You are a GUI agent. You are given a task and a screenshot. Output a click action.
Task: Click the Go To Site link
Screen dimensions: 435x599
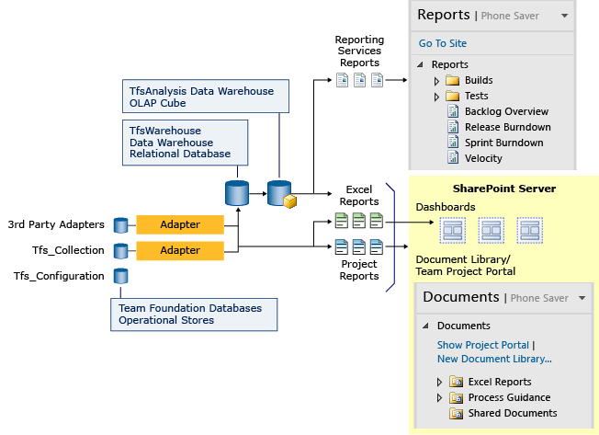tap(443, 43)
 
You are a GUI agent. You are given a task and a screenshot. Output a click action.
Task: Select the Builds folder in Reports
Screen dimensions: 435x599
tap(478, 81)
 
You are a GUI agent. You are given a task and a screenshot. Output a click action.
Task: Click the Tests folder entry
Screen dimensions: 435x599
tap(476, 97)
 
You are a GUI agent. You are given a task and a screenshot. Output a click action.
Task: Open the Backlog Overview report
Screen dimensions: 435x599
tap(505, 112)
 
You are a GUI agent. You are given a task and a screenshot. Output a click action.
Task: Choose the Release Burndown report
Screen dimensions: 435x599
tap(507, 127)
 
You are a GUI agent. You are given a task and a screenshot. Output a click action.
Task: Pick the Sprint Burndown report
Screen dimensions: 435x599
tap(503, 143)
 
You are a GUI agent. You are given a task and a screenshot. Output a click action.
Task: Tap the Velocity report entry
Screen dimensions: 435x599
tap(483, 158)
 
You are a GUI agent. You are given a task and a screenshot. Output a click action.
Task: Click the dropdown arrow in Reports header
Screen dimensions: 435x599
tap(565, 16)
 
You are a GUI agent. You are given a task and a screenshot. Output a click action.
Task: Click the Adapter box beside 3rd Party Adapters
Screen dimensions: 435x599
tap(180, 224)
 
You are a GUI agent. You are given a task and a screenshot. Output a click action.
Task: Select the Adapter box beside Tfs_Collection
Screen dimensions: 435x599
tap(180, 250)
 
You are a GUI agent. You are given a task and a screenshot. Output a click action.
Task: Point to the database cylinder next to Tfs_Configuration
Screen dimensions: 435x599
tap(120, 276)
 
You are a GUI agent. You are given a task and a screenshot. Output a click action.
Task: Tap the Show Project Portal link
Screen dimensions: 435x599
tap(482, 345)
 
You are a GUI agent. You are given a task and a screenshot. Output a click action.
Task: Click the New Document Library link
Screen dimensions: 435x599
tap(494, 359)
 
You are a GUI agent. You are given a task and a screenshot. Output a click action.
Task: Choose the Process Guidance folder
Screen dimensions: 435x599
tap(509, 397)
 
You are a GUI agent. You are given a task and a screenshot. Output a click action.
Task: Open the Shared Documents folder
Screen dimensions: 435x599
tap(512, 413)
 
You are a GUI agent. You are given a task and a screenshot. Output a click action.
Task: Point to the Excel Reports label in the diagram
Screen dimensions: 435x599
tap(359, 195)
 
